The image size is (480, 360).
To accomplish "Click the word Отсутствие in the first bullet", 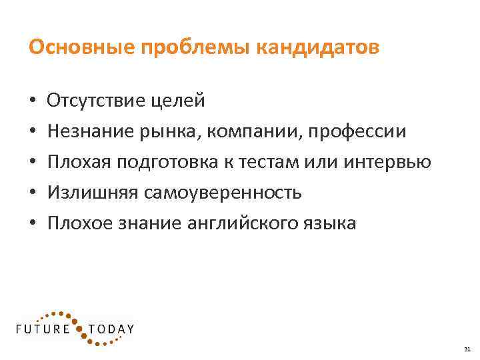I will (93, 101).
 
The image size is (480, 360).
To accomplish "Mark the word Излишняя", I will (90, 193).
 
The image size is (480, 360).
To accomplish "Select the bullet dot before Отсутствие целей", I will (33, 101).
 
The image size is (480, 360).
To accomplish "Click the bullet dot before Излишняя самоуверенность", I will (33, 193).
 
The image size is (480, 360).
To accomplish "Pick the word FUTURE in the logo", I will (44, 329).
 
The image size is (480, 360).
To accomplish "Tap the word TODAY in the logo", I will (110, 329).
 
